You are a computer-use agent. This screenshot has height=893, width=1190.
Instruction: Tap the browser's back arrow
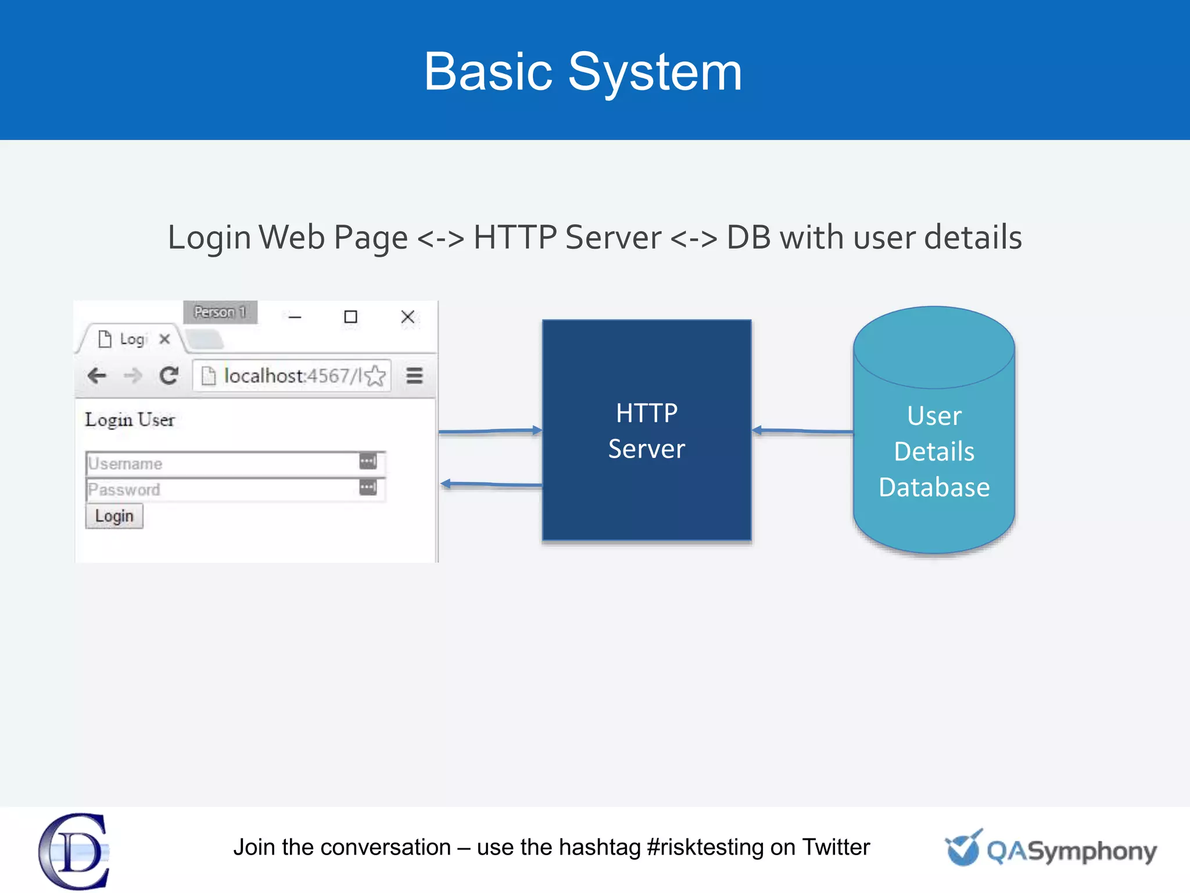tap(97, 376)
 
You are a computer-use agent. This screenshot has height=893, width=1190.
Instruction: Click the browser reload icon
tap(169, 376)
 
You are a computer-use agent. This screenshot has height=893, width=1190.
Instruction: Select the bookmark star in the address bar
tap(376, 376)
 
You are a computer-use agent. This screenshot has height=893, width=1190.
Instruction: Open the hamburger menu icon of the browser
tap(414, 376)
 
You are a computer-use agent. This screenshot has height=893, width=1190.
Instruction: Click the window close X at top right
tap(408, 317)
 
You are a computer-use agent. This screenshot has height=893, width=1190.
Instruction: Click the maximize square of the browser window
tap(350, 317)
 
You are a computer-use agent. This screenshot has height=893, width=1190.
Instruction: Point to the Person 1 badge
tap(220, 312)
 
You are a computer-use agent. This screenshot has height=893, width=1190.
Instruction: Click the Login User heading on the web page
tap(130, 420)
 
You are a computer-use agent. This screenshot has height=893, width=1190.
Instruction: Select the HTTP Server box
tap(646, 430)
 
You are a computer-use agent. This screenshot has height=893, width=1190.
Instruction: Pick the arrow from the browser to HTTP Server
tap(490, 431)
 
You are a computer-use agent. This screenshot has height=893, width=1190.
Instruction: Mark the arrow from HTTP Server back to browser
tap(491, 484)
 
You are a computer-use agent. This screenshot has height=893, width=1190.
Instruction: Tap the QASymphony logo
tap(1051, 850)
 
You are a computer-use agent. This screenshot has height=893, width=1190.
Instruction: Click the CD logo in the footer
tap(74, 851)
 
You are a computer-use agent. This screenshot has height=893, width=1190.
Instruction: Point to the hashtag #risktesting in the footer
tap(705, 847)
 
